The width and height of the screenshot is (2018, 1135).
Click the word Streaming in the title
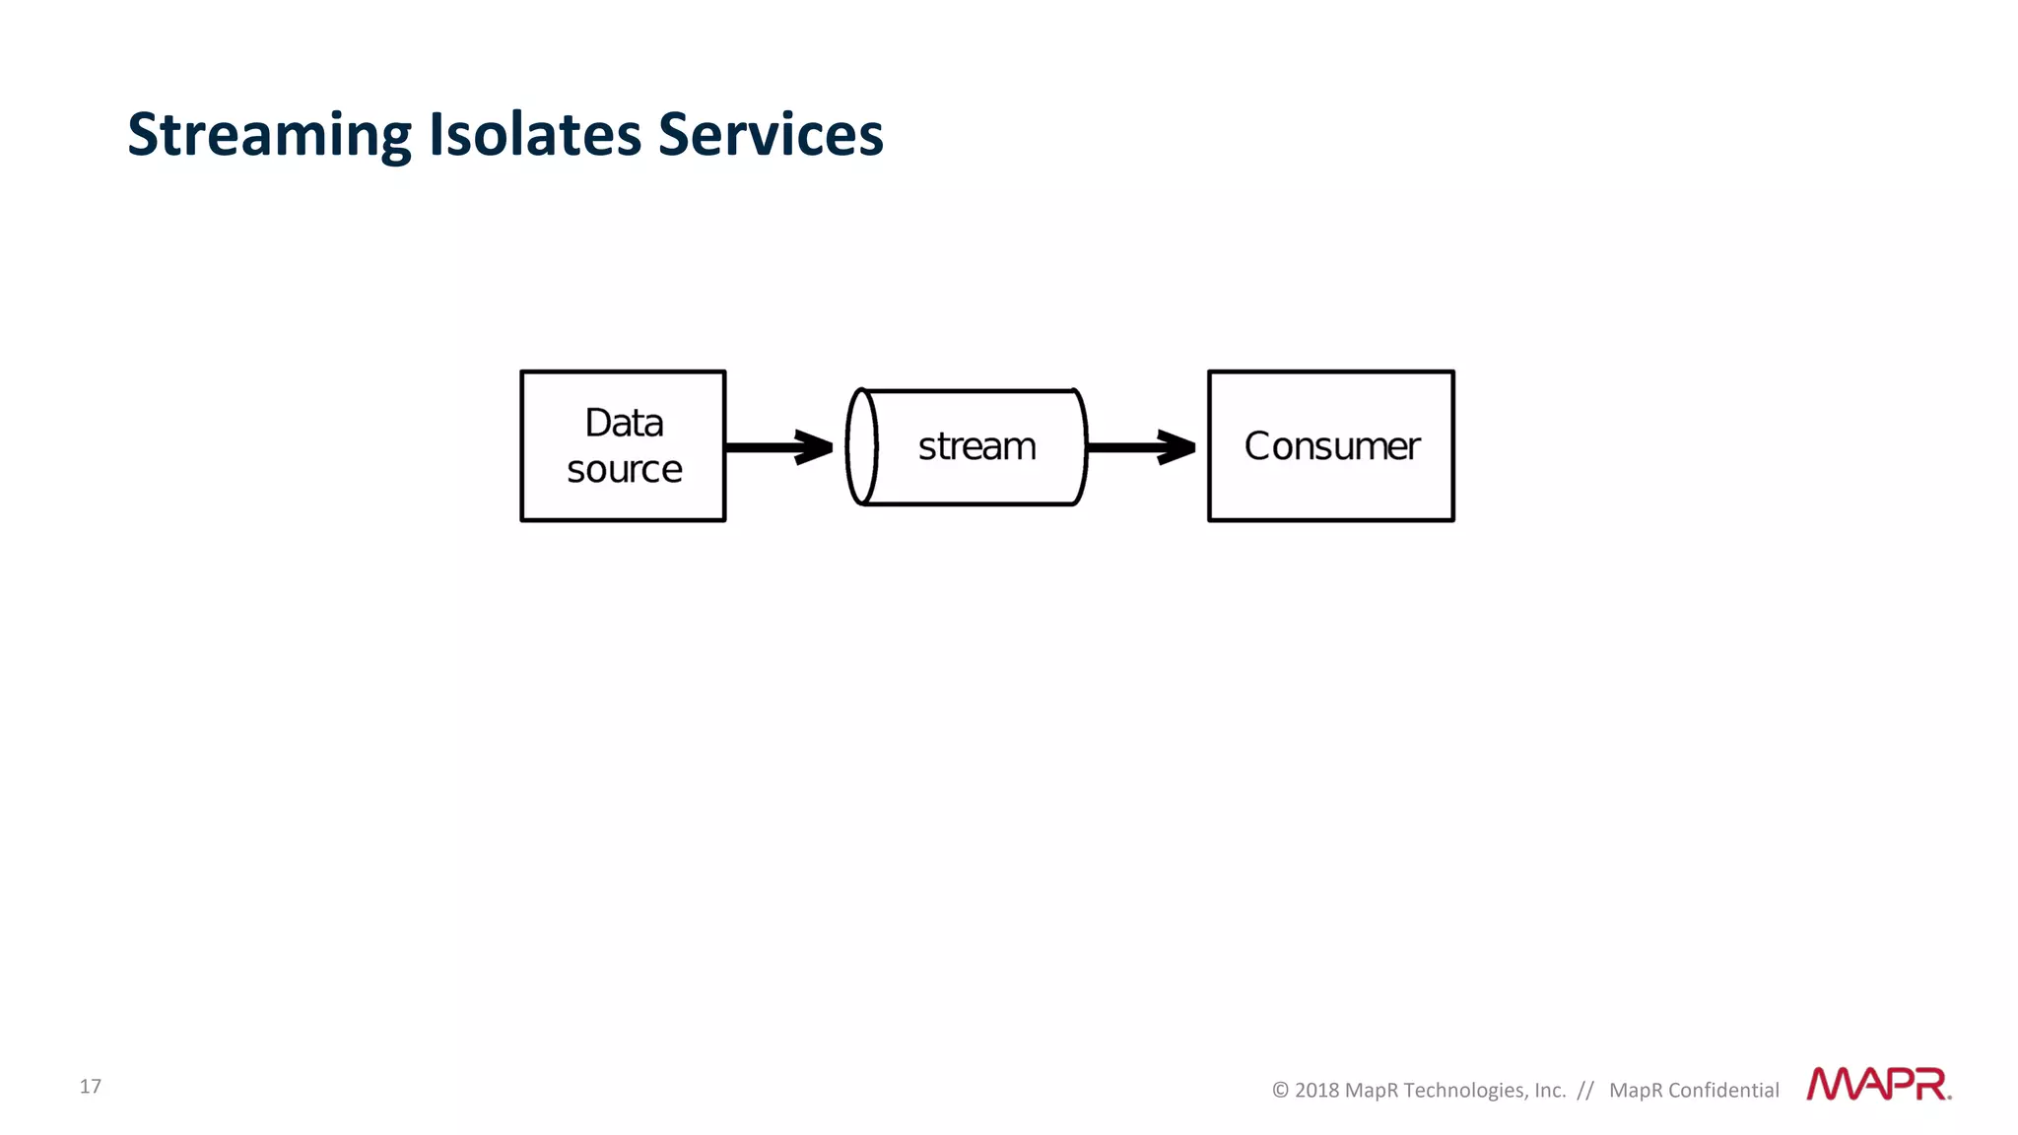coord(269,135)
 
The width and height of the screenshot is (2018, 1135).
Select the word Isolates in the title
coord(534,135)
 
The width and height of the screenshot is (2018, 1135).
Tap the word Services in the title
coord(771,135)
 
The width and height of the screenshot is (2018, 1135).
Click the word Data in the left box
coord(624,423)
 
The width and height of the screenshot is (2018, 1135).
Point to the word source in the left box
coord(624,469)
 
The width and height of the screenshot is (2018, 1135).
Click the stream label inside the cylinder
coord(976,446)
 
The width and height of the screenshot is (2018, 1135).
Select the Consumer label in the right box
coord(1331,446)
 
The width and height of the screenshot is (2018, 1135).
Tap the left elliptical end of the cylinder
coord(861,447)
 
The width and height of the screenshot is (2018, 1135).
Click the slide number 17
coord(91,1086)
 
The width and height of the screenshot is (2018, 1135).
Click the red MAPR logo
coord(1877,1084)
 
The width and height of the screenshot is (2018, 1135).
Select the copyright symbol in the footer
coord(1280,1091)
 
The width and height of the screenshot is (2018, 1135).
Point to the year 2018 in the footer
coord(1316,1091)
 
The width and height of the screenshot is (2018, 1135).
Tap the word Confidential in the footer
coord(1723,1091)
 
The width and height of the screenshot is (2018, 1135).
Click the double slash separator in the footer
coord(1585,1091)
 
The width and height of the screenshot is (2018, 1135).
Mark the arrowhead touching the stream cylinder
coord(816,447)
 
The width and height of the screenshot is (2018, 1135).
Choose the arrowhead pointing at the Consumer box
coord(1177,447)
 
